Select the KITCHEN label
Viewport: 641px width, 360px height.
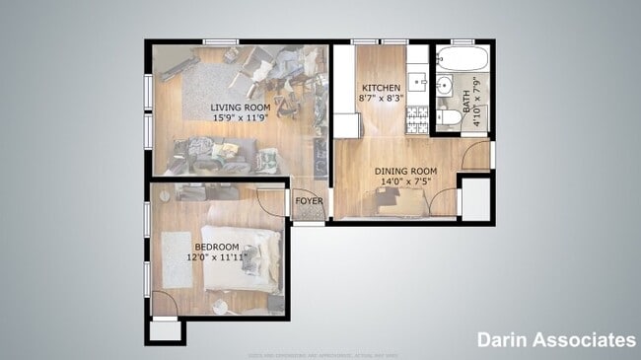(381, 87)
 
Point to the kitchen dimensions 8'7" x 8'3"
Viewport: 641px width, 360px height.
(381, 99)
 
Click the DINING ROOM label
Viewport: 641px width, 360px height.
(405, 170)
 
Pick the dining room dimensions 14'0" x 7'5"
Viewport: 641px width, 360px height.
(405, 181)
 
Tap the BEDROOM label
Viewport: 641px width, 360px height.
(217, 247)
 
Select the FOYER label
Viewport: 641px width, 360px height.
(309, 201)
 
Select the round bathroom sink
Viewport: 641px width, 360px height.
(444, 85)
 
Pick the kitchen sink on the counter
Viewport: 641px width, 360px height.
(417, 81)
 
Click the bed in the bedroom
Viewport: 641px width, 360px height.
(243, 258)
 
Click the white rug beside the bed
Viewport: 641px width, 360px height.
(177, 259)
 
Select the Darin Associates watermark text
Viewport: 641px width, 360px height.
(556, 340)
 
